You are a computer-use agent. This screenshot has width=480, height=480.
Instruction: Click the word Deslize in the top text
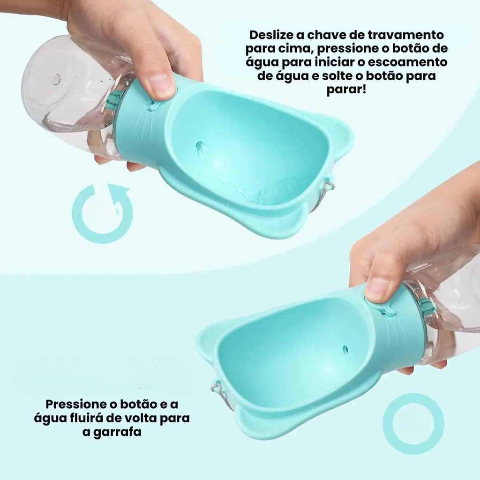271,35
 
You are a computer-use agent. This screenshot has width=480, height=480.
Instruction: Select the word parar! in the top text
346,90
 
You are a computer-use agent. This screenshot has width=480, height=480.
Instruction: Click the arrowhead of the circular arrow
118,192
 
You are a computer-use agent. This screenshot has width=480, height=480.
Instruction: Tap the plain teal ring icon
413,424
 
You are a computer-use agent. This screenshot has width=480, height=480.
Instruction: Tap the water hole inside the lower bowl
345,349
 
